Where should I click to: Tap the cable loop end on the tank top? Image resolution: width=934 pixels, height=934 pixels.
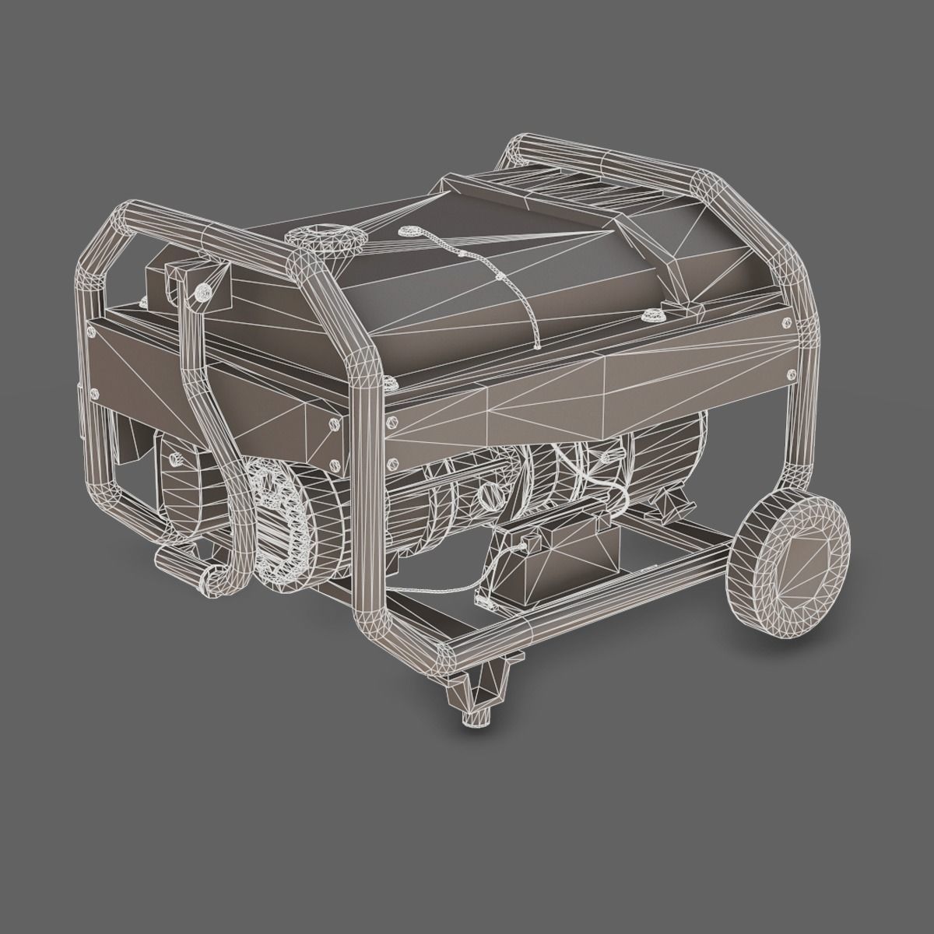point(409,232)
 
